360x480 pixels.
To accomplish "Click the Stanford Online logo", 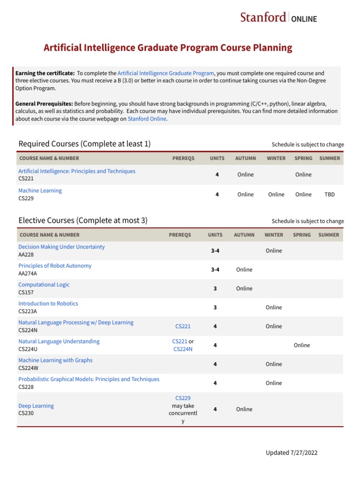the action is coord(278,18).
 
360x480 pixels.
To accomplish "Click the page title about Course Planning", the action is coord(168,48).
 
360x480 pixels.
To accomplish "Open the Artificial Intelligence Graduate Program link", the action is coord(165,73).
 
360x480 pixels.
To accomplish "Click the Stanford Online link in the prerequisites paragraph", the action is coord(147,119).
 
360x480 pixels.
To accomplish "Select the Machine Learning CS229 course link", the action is coord(40,191).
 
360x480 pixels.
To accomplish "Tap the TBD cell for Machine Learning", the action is coord(330,195).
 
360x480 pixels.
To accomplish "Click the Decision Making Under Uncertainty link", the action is coord(61,247).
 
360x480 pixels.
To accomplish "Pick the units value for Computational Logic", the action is coord(215,289).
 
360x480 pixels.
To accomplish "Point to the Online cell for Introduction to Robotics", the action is coord(274,307).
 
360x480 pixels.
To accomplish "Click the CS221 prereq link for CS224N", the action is coord(183,326).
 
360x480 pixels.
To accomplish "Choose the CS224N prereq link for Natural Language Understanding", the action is coord(183,349).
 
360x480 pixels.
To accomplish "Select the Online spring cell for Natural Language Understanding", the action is coord(302,345).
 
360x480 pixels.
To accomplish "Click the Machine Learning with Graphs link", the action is coord(55,360).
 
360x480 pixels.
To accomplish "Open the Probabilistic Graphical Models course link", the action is coord(89,379).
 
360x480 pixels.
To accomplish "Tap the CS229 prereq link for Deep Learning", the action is coord(183,398).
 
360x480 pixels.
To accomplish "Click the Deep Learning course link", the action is coord(36,406).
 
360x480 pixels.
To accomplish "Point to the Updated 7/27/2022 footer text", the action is coord(292,453).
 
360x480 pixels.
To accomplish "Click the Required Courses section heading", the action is coord(84,144).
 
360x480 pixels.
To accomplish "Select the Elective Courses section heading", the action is coord(82,220).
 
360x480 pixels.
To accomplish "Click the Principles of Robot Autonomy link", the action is coord(55,266).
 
